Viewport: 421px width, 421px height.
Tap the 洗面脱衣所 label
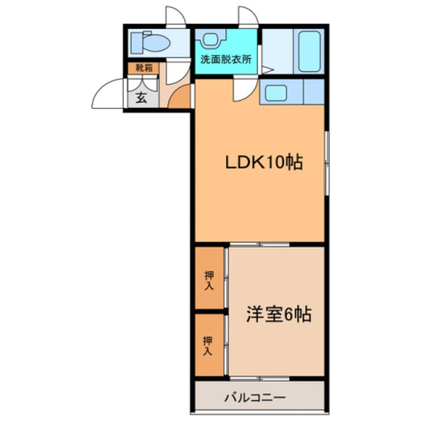point(226,58)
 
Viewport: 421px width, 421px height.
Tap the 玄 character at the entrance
point(141,98)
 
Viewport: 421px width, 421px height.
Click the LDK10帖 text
point(264,162)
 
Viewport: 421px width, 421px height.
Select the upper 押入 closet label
point(209,280)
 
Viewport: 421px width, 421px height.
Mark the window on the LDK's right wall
point(326,162)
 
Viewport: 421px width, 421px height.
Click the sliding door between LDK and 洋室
point(259,244)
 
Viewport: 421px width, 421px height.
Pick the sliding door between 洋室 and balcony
point(259,379)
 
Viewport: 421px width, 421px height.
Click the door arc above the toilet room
point(175,16)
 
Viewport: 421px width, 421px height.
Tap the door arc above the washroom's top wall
point(248,16)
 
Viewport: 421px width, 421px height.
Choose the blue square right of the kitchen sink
point(314,92)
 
